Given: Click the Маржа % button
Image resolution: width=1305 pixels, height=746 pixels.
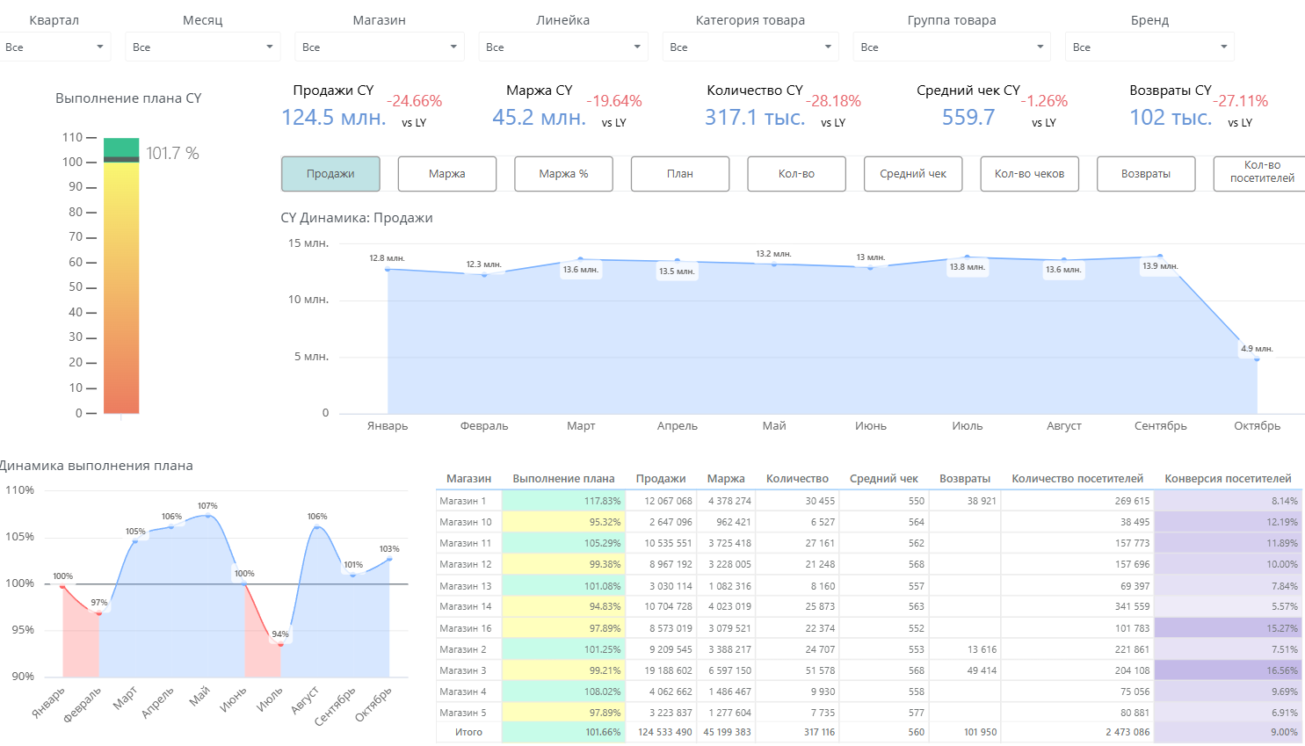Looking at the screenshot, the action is pyautogui.click(x=563, y=174).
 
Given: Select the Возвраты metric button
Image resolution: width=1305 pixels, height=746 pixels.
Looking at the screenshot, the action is pyautogui.click(x=1146, y=174).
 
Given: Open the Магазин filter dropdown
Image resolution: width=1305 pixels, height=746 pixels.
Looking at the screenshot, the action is pyautogui.click(x=380, y=47).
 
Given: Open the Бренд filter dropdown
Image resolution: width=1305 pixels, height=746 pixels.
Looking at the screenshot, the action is pyautogui.click(x=1149, y=47).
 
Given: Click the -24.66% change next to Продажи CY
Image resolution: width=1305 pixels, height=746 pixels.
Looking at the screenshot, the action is pyautogui.click(x=414, y=101).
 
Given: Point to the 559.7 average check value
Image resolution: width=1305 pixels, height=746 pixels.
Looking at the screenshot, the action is pyautogui.click(x=968, y=118).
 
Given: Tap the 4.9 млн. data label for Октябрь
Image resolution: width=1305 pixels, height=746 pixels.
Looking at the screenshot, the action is pyautogui.click(x=1257, y=348).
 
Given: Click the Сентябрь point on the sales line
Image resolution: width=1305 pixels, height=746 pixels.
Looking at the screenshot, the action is pyautogui.click(x=1160, y=257).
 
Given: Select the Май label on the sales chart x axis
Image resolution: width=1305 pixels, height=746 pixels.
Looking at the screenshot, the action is pyautogui.click(x=773, y=425).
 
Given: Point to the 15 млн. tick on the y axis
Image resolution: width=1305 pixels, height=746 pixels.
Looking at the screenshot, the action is pyautogui.click(x=308, y=243).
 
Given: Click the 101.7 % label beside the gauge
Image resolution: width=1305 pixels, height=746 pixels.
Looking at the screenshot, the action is pyautogui.click(x=172, y=153).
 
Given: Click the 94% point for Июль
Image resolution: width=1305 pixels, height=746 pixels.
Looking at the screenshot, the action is pyautogui.click(x=280, y=645).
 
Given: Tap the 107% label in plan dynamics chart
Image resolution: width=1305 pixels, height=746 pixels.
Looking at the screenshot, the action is pyautogui.click(x=207, y=505).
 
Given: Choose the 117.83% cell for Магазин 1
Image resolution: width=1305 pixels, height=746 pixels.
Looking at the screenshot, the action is pyautogui.click(x=563, y=501).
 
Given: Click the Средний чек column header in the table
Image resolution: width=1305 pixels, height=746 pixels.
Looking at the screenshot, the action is pyautogui.click(x=883, y=479).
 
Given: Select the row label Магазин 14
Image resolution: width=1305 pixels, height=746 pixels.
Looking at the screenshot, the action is pyautogui.click(x=466, y=606).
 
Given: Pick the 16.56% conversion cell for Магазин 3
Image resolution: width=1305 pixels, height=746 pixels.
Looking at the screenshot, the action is pyautogui.click(x=1228, y=670).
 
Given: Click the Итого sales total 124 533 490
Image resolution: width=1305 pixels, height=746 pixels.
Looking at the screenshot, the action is pyautogui.click(x=664, y=732).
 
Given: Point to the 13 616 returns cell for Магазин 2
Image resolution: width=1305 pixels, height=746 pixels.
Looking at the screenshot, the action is pyautogui.click(x=982, y=648).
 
